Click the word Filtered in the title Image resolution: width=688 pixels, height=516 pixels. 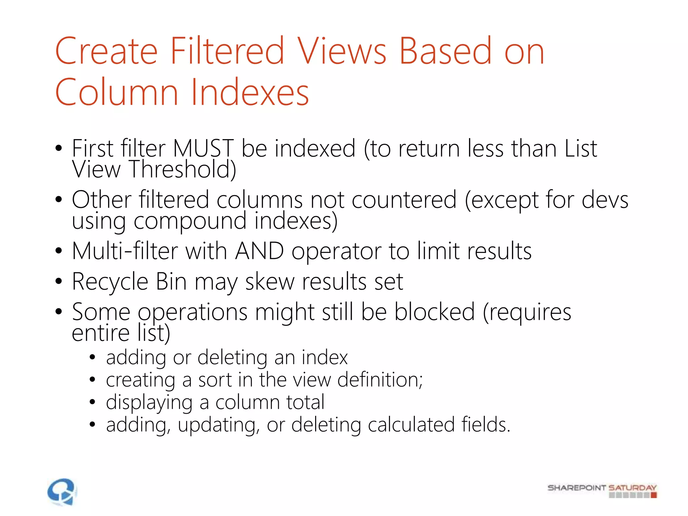(227, 51)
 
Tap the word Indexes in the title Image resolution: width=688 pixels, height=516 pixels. (250, 92)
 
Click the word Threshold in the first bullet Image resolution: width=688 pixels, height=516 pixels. (182, 169)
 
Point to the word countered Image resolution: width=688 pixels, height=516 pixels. (384, 200)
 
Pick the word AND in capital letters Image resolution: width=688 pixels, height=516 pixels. (259, 251)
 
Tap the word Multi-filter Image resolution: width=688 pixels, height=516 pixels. (125, 251)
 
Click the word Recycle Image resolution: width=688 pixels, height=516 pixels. (110, 282)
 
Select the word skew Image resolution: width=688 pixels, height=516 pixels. (270, 282)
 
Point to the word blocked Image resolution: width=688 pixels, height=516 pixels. (434, 312)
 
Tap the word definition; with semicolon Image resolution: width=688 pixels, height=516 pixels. (380, 380)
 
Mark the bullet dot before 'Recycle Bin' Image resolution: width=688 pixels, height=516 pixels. (59, 281)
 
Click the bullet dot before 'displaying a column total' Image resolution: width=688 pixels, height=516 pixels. (93, 402)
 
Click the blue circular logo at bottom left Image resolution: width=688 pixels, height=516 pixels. (62, 491)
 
